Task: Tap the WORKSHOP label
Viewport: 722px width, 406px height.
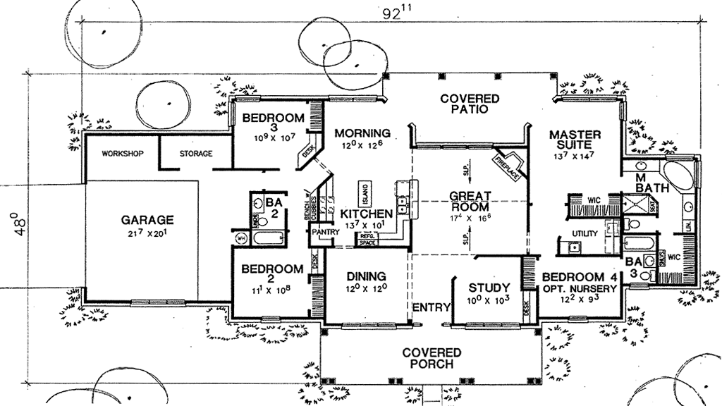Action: click(123, 154)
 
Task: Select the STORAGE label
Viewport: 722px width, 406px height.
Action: click(196, 154)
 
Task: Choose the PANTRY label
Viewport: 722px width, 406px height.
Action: click(322, 231)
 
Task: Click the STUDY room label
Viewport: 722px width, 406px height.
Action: click(489, 288)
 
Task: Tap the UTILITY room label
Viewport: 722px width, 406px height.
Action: click(585, 233)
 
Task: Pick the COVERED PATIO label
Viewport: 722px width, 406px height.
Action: click(470, 104)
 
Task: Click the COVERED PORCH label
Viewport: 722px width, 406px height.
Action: click(432, 358)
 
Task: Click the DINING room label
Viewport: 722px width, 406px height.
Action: click(365, 276)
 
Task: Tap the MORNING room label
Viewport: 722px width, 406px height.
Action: click(362, 133)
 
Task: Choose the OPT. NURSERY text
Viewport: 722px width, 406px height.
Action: click(580, 289)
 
